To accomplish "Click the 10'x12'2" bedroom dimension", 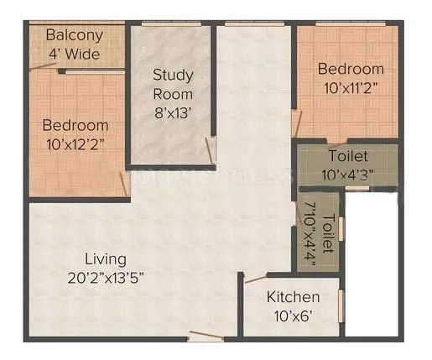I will click(x=75, y=143).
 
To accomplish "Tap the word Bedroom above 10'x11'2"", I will click(x=351, y=69).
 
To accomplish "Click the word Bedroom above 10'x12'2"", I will click(x=75, y=125).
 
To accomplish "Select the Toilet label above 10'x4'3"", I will click(x=347, y=157).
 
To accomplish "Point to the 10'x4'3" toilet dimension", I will click(x=347, y=175).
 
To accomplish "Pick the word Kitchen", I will click(x=293, y=297).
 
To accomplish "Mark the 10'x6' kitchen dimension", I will click(x=293, y=316).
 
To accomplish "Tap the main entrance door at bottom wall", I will click(x=206, y=337).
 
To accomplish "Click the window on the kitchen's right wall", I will click(x=341, y=305).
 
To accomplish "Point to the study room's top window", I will click(x=171, y=23).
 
